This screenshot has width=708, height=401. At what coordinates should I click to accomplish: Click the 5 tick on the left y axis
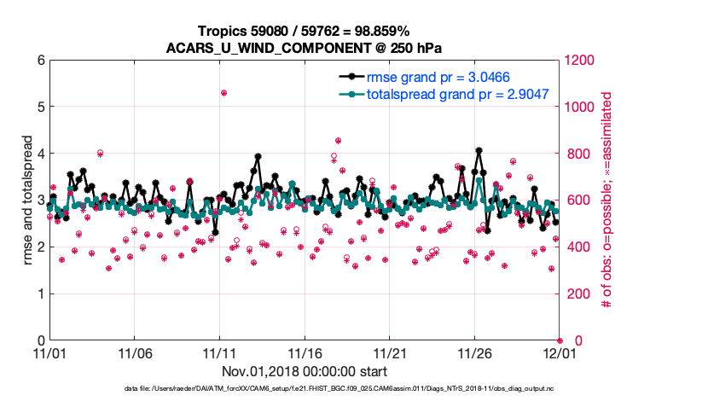click(x=39, y=108)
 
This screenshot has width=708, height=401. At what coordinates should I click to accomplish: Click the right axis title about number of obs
click(x=607, y=200)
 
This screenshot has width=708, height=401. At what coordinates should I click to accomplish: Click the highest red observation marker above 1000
click(x=223, y=92)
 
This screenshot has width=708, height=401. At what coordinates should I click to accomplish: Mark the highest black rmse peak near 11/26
click(x=479, y=150)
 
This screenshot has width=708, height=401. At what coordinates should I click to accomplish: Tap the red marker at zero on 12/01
click(x=560, y=340)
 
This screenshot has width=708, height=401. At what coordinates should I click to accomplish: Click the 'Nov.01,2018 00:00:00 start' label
click(x=305, y=371)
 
